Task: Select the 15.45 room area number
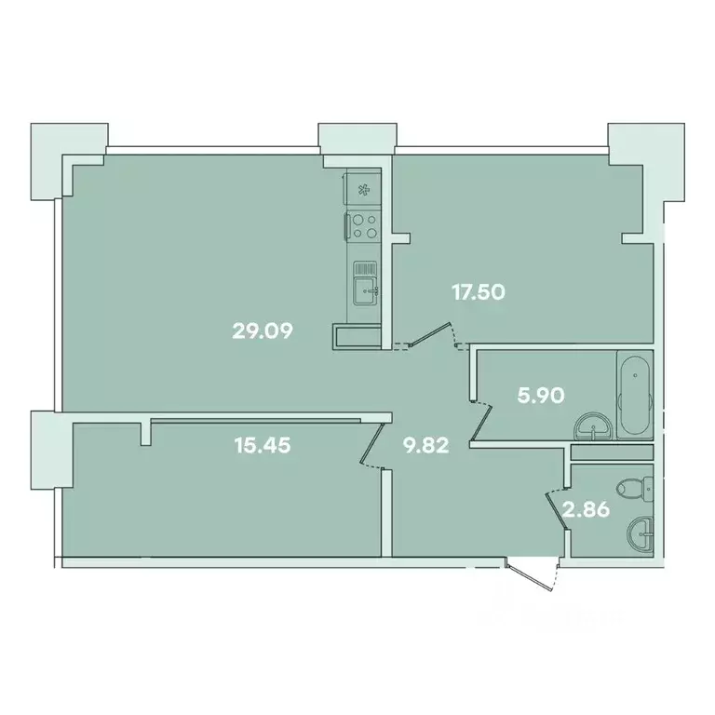click(263, 445)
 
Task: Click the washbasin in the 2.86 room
click(641, 533)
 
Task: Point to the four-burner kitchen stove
click(364, 225)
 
